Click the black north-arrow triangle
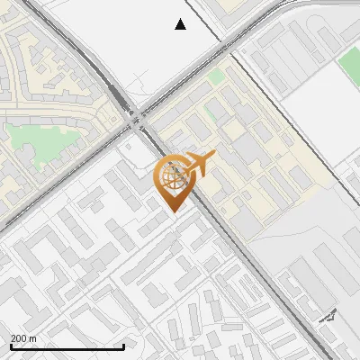point(180,24)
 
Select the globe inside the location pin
point(172,177)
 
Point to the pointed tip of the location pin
point(172,211)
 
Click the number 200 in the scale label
point(19,338)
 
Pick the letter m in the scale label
point(33,338)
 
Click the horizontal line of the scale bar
point(67,346)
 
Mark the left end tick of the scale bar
point(11,345)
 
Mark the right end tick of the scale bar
point(123,345)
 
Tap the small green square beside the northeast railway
point(217,77)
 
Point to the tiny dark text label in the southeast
point(328,316)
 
